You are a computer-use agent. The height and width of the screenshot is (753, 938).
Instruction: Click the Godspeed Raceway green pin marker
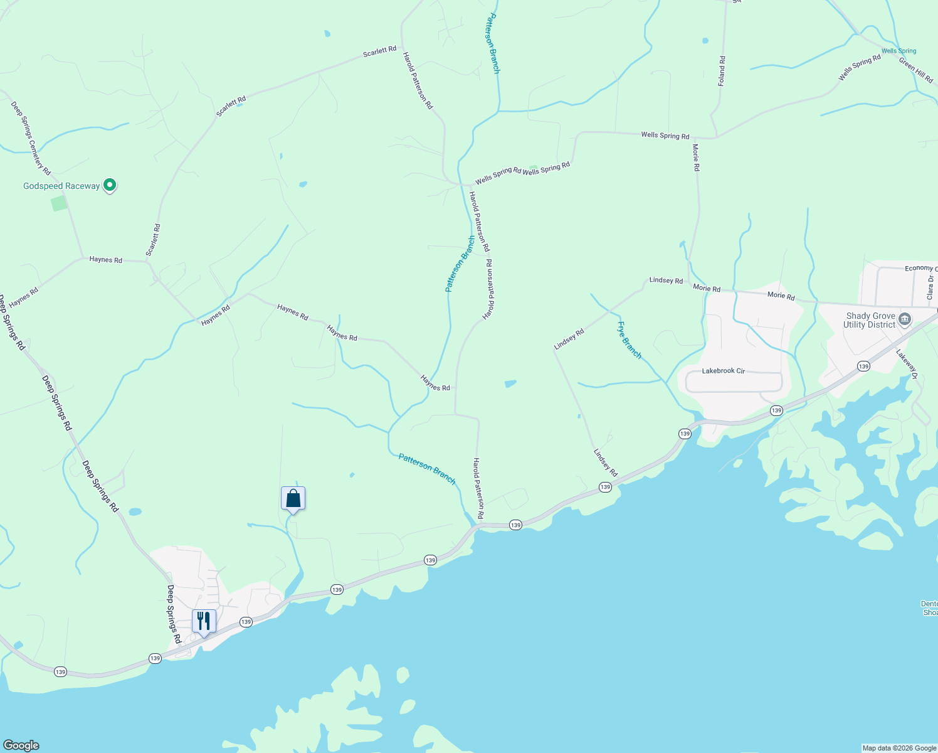pos(110,185)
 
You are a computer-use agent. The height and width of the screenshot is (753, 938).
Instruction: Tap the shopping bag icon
pos(293,499)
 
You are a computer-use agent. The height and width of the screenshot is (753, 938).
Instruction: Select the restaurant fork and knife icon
pos(204,621)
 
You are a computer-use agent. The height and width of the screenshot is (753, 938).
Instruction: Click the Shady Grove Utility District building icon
pos(904,319)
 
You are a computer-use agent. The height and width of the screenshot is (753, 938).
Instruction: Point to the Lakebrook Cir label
pos(723,371)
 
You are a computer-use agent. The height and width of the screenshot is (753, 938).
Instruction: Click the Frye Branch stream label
pos(630,340)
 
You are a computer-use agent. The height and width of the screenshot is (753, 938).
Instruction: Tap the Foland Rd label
pos(722,71)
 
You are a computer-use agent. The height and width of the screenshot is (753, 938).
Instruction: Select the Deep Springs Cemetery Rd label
pos(30,138)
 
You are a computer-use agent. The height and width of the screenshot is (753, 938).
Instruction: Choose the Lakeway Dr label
pos(907,365)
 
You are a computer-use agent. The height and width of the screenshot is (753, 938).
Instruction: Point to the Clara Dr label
pos(930,287)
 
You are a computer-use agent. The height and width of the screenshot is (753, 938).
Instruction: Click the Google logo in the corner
pos(21,745)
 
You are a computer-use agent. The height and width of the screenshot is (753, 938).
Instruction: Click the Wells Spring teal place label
pos(898,51)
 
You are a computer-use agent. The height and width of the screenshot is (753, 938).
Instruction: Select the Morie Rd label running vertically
pos(696,158)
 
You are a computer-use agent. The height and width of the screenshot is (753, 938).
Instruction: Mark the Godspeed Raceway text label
pos(61,186)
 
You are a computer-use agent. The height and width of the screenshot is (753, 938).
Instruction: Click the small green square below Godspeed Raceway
pos(59,203)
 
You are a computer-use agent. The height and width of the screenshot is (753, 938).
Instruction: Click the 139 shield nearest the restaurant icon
pos(246,622)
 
